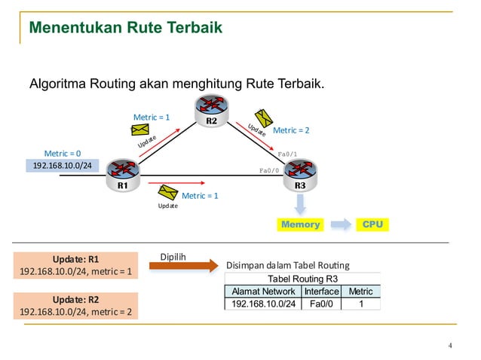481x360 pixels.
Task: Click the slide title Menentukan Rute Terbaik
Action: (x=125, y=29)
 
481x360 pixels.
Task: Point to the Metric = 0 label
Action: (x=62, y=153)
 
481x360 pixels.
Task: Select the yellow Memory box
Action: (x=300, y=224)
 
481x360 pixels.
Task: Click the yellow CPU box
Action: (x=372, y=224)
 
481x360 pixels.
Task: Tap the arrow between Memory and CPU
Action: (x=342, y=224)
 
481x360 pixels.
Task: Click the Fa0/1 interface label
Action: (x=287, y=154)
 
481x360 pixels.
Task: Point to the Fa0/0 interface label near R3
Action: (x=269, y=170)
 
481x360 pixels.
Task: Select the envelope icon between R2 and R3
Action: (x=263, y=117)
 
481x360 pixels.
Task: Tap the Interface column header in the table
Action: (x=321, y=291)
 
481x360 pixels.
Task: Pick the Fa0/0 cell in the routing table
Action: (x=321, y=304)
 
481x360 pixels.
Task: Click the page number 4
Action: (x=450, y=346)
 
